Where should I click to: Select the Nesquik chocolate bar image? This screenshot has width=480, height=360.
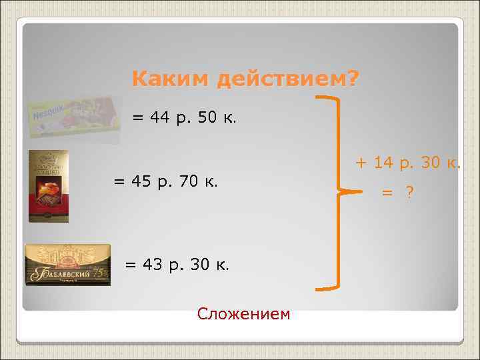(x=73, y=118)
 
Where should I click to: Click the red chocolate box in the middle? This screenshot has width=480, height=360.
(x=48, y=186)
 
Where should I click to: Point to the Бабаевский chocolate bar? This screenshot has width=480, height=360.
(x=67, y=265)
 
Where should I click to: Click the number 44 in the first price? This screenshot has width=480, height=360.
(x=161, y=118)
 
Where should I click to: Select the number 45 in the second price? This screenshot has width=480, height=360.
(x=142, y=181)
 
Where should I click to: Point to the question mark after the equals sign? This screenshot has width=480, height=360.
(x=409, y=193)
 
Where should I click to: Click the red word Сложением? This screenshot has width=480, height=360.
(x=244, y=313)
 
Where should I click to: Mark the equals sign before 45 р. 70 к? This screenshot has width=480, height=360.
(x=119, y=182)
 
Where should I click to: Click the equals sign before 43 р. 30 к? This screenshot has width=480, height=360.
(x=131, y=265)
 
